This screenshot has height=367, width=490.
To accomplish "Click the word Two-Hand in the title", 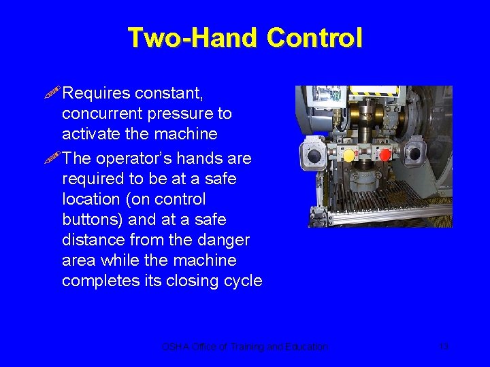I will (x=193, y=37).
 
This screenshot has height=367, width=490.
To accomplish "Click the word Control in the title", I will (x=314, y=37).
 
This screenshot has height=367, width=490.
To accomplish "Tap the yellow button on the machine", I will (x=349, y=156).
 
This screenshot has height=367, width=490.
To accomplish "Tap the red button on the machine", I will (x=385, y=155).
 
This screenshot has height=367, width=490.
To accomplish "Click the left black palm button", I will (x=314, y=156).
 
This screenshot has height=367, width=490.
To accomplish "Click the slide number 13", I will (x=444, y=347).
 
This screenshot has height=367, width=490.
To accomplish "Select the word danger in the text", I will (x=225, y=241).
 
